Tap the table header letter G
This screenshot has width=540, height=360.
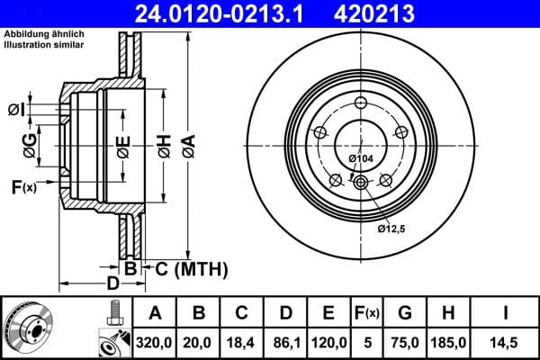click(x=405, y=312)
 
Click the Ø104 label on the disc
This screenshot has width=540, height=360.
click(x=360, y=159)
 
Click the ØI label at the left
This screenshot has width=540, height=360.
click(x=16, y=109)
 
